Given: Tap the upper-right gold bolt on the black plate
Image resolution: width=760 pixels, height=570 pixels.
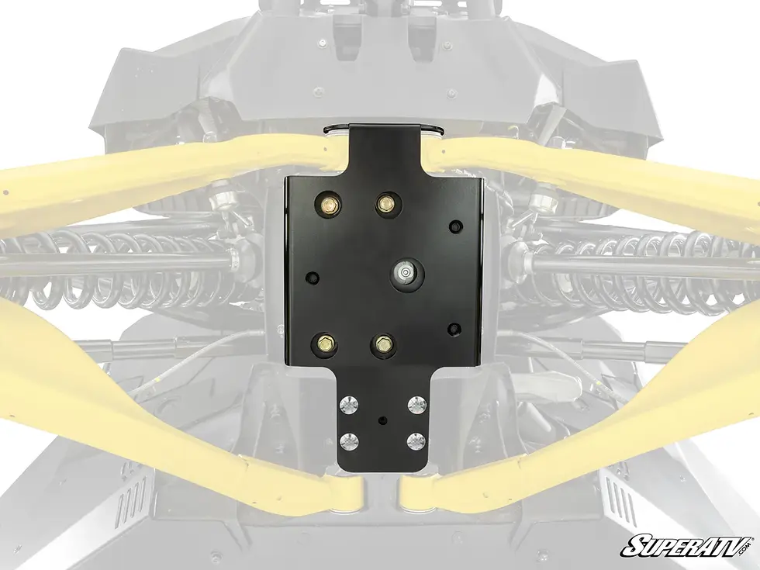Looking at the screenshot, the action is [386, 201].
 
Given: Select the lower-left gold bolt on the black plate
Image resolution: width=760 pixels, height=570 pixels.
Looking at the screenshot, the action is [323, 344].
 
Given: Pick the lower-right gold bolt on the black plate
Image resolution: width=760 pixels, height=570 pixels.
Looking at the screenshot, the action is [383, 344].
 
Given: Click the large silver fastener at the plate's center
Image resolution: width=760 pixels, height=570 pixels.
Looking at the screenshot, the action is [403, 271].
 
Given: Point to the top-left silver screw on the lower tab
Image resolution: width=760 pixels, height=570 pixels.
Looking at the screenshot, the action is [348, 405].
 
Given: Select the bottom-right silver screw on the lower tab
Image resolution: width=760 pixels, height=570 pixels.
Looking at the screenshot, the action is [416, 441].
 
